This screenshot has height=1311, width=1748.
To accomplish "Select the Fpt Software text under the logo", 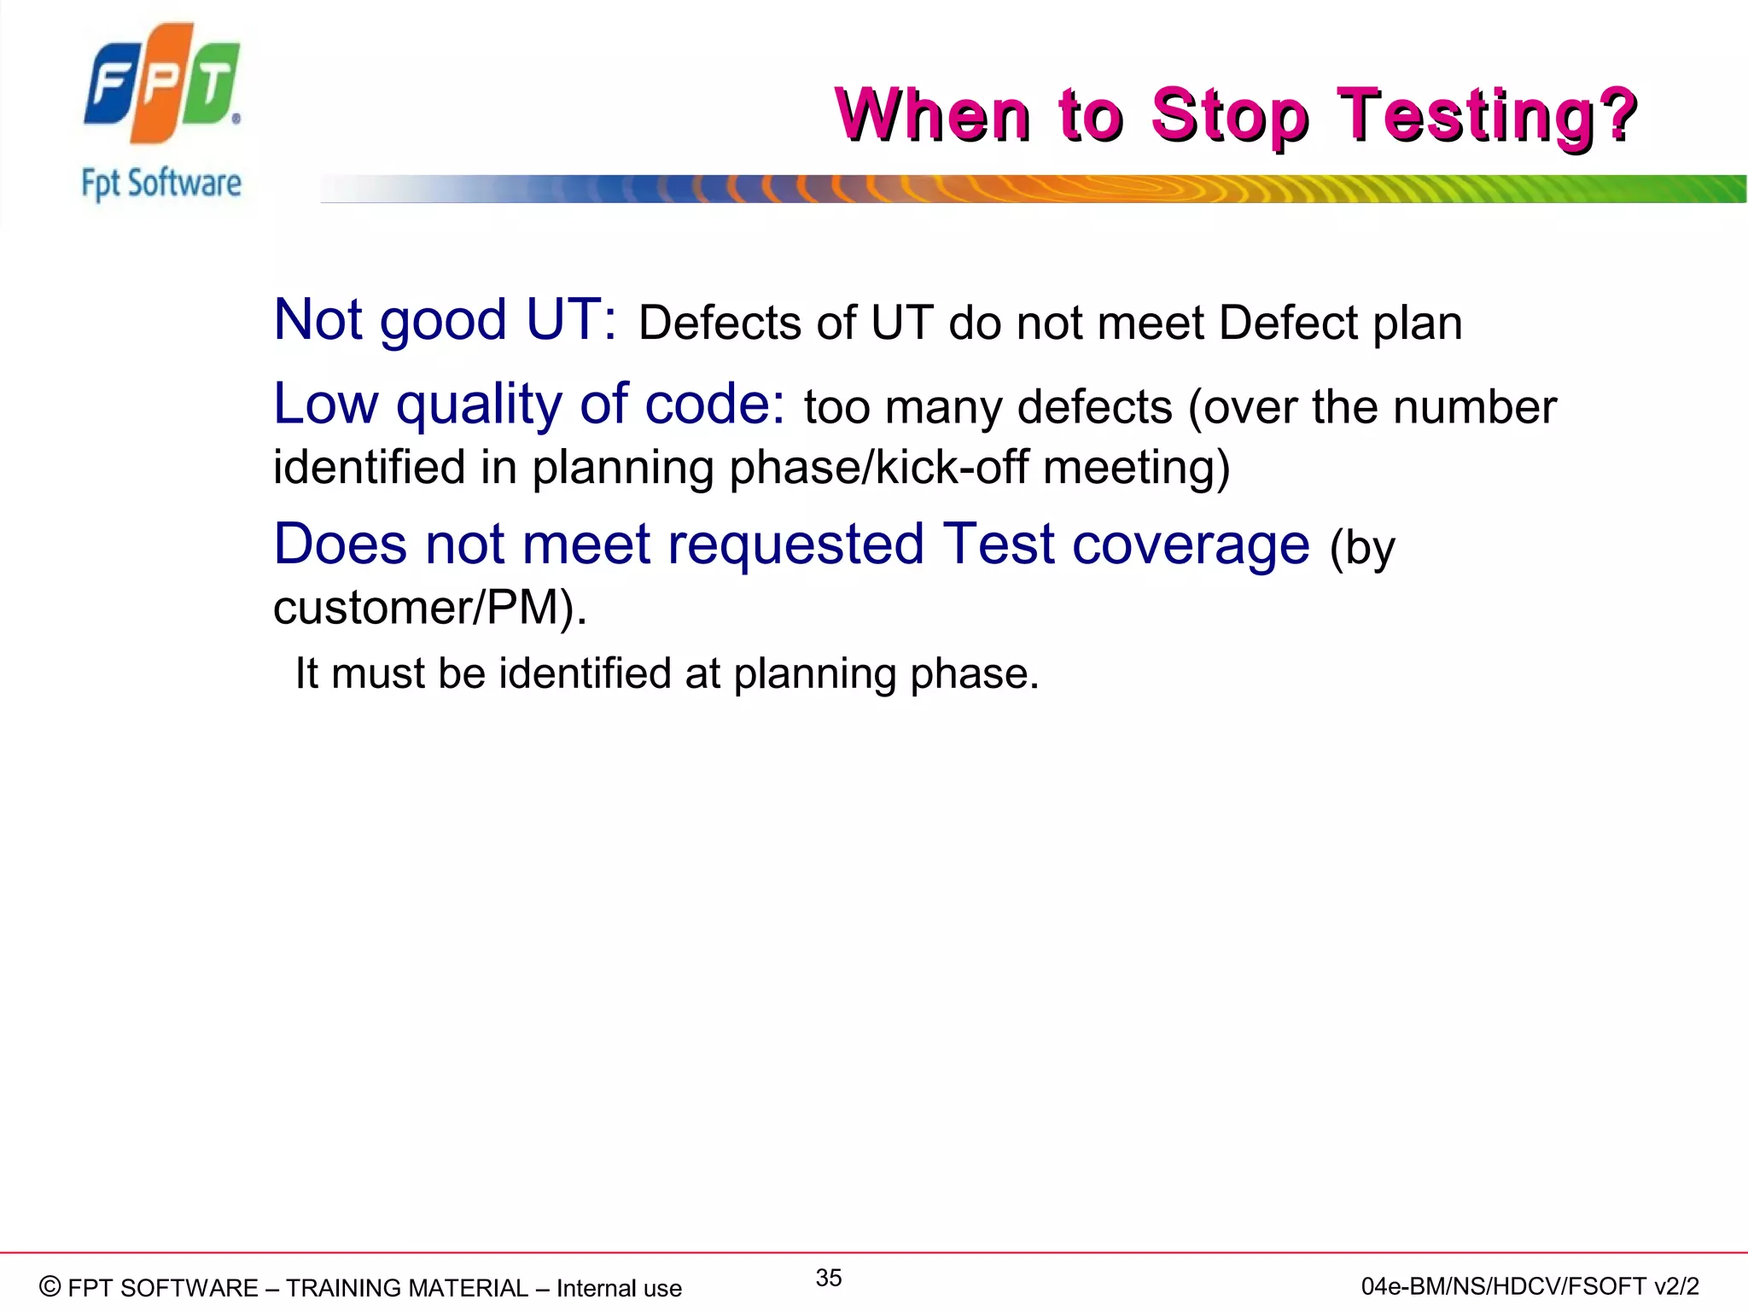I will tap(161, 184).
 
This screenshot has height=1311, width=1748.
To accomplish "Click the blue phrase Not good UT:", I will tap(445, 321).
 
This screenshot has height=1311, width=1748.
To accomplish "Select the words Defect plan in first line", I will tap(1340, 323).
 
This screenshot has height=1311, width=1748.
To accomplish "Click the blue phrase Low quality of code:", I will tap(528, 404).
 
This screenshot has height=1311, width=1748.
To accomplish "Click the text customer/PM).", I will tap(430, 608).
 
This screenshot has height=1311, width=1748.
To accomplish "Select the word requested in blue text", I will tap(795, 545).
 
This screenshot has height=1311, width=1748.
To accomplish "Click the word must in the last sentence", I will tap(378, 673).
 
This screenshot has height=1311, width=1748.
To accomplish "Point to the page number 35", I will tap(828, 1278).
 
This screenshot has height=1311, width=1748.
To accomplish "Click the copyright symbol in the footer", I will tap(50, 1286).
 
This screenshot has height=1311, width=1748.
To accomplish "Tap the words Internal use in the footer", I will tap(619, 1288).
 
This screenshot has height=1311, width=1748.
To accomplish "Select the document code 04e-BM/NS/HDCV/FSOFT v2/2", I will tap(1529, 1286).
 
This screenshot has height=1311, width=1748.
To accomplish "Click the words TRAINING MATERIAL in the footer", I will tap(407, 1288).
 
